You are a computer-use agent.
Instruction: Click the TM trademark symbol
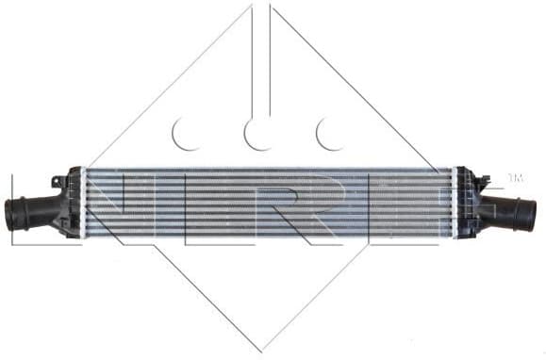(515, 177)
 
